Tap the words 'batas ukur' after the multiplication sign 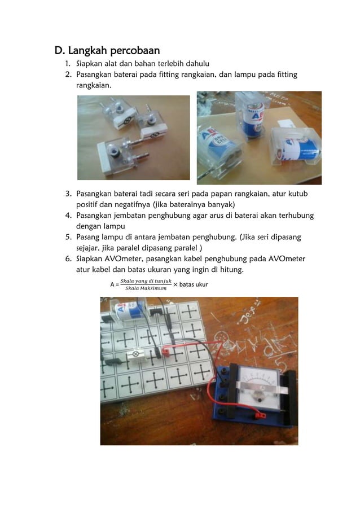(194, 284)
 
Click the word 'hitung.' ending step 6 (229, 270)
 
